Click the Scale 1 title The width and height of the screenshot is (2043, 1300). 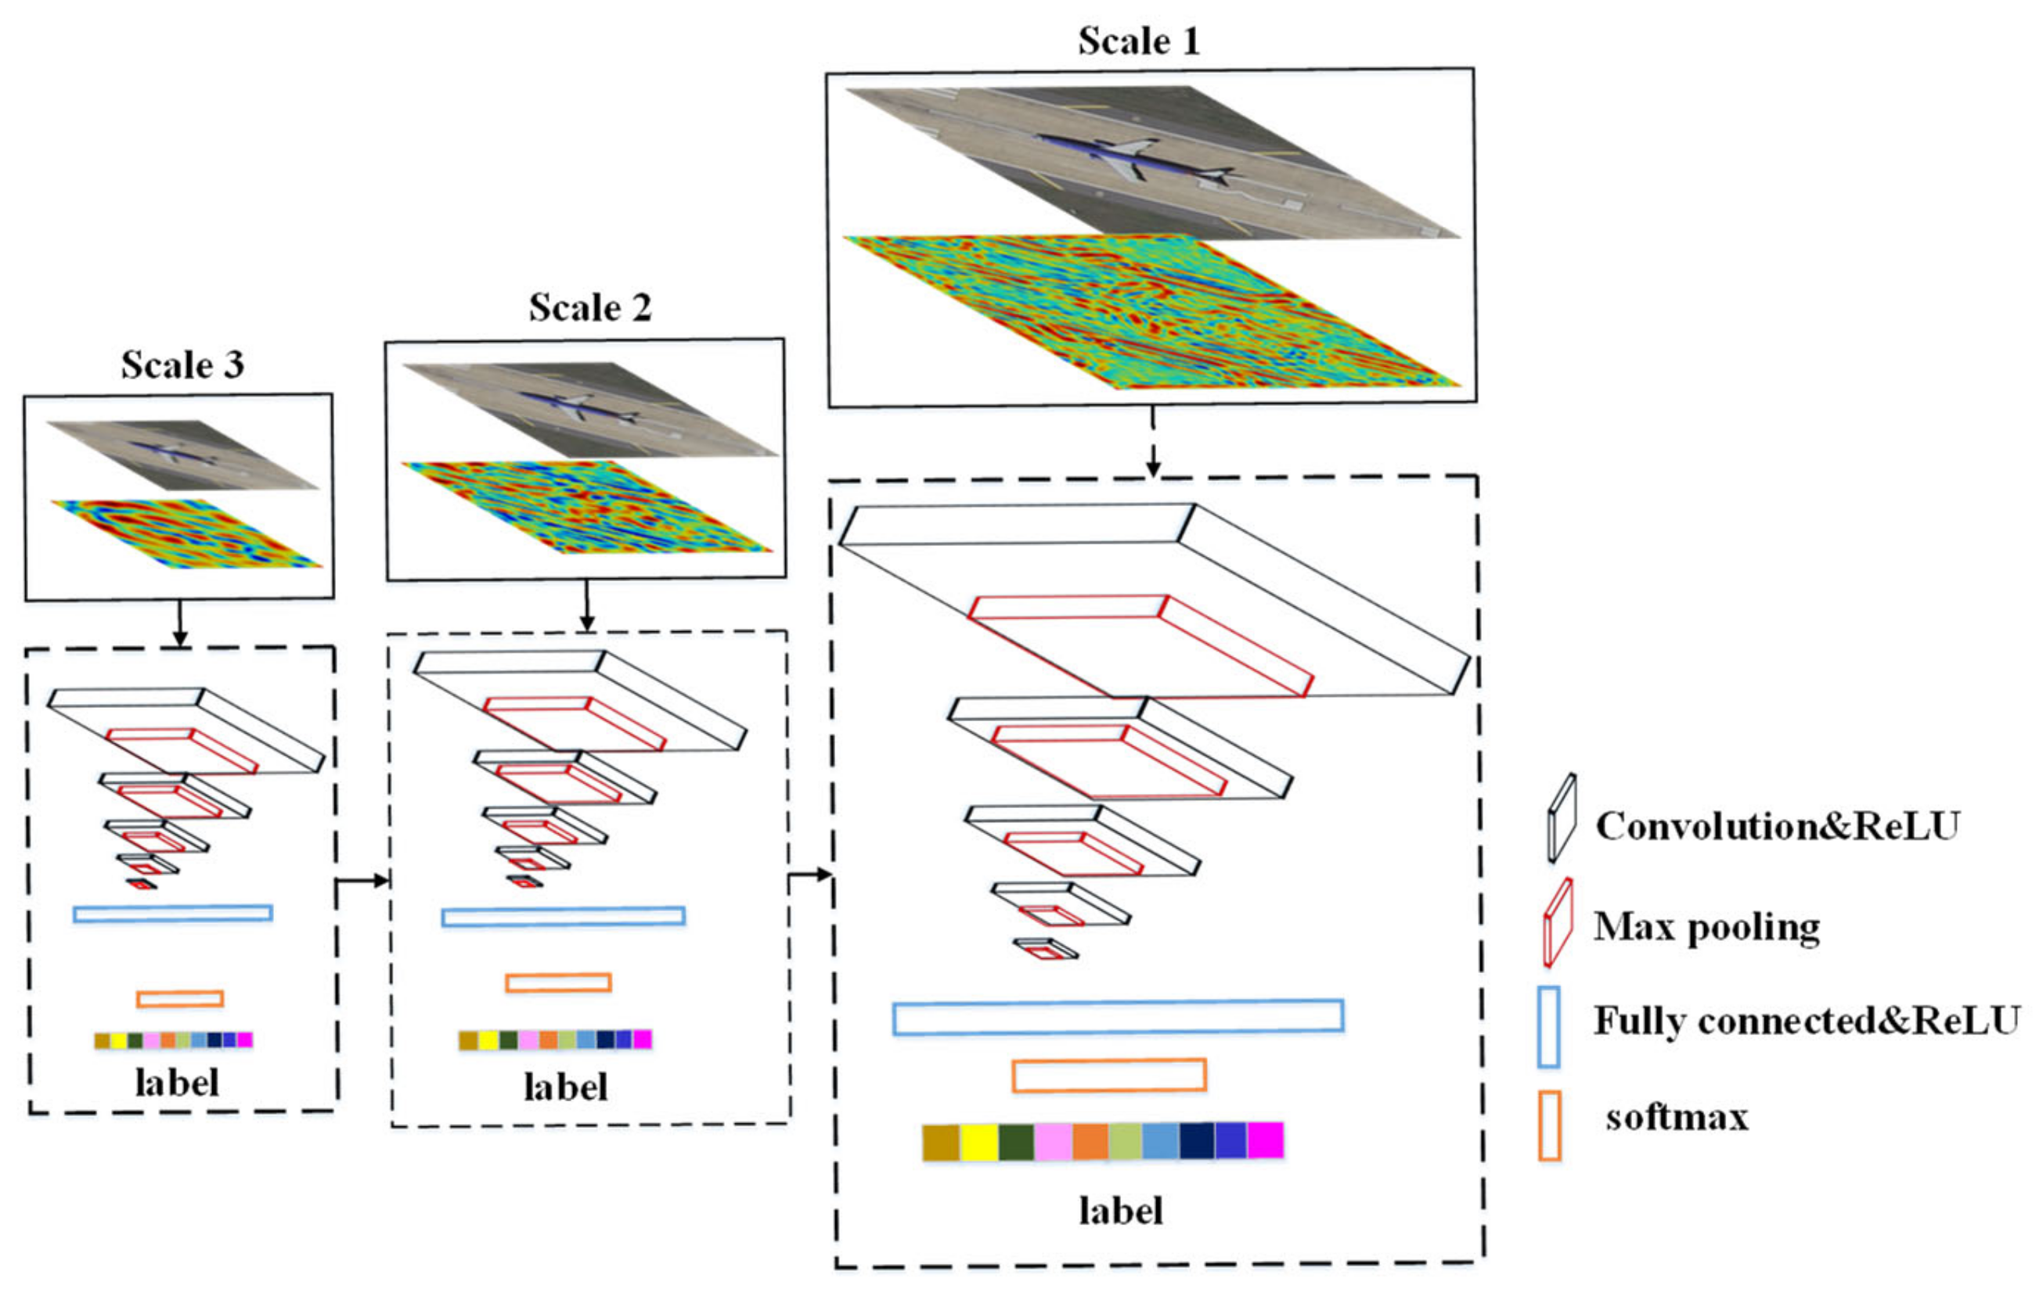point(1139,41)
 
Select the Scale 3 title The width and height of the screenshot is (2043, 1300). point(182,365)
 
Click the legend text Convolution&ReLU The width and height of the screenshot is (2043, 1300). point(1778,826)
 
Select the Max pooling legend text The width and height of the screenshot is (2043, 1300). point(1706,926)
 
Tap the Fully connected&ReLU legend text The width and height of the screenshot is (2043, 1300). point(1807,1020)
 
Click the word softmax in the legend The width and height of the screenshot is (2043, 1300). point(1677,1117)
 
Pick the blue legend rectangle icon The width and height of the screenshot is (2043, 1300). point(1548,1026)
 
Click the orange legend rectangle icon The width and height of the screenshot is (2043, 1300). point(1550,1126)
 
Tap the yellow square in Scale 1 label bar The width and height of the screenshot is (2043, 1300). point(978,1142)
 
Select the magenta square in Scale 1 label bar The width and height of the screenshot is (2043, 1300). point(1265,1140)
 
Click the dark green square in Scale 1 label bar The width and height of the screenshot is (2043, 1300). point(1016,1142)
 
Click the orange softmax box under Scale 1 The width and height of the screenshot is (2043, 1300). point(1109,1076)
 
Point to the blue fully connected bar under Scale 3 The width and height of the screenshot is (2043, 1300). point(173,914)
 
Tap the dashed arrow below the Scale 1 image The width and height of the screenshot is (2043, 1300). point(1152,441)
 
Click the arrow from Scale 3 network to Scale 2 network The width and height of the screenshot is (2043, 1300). point(362,880)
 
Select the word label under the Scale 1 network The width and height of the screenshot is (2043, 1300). point(1121,1210)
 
